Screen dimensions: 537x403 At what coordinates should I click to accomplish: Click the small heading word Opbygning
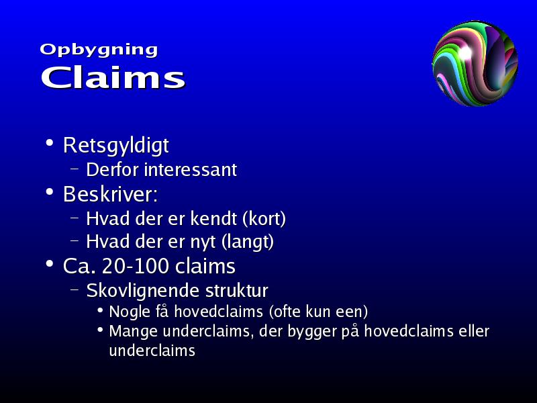click(99, 50)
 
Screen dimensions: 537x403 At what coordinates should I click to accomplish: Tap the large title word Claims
click(113, 77)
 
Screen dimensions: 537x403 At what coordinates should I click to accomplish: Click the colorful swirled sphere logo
click(475, 63)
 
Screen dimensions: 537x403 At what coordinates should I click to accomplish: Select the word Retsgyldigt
click(115, 146)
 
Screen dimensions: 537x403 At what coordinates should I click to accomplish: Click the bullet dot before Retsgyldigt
click(50, 142)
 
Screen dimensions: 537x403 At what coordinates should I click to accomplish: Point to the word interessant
click(191, 169)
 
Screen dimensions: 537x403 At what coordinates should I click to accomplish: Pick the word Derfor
click(113, 169)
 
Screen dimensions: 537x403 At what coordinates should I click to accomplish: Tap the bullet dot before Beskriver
click(50, 192)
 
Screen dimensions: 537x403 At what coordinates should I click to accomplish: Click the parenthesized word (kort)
click(264, 219)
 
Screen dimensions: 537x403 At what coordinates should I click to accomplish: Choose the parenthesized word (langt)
click(247, 242)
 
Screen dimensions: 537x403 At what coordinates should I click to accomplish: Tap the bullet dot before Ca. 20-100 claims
click(50, 264)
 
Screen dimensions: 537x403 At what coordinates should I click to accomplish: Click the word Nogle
click(130, 312)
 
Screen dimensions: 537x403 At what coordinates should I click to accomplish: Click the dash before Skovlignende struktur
click(75, 289)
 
